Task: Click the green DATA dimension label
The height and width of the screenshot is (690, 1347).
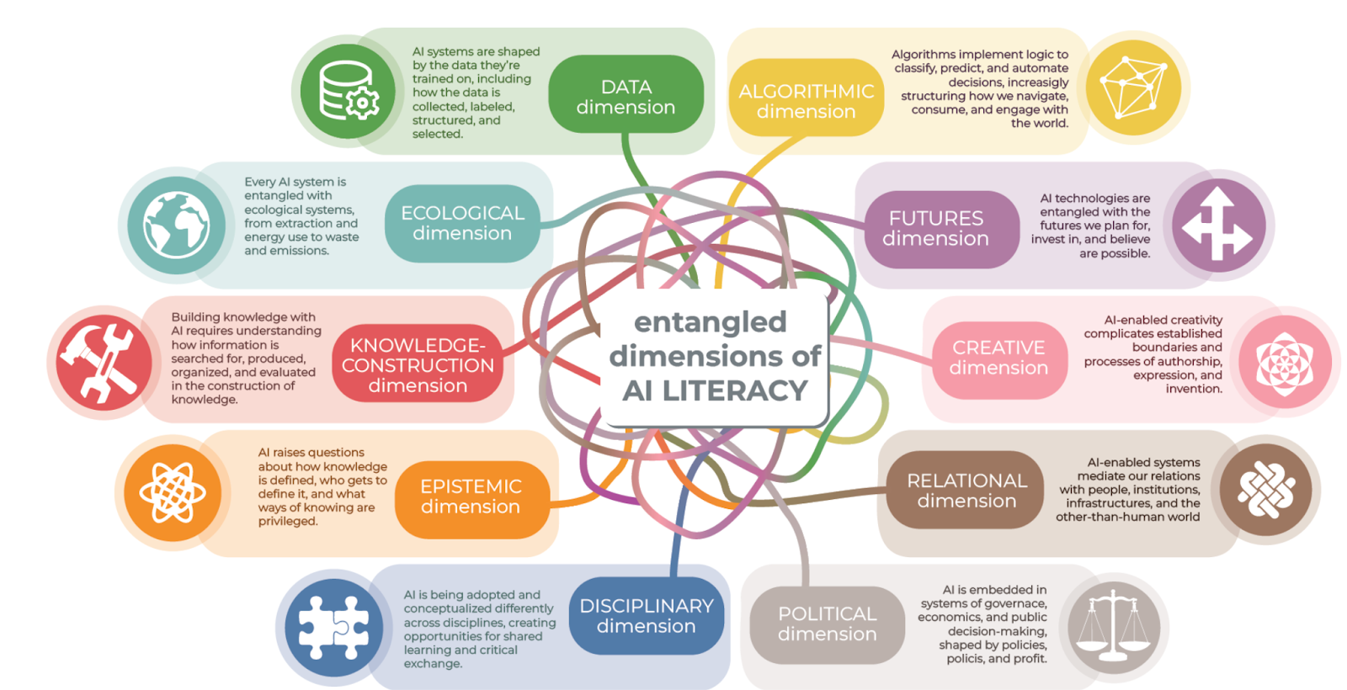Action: click(x=626, y=96)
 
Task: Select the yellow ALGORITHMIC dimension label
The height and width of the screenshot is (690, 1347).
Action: click(x=806, y=100)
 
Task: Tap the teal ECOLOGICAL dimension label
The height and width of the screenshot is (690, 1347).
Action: click(x=462, y=223)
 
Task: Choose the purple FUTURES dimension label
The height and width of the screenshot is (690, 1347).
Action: click(x=935, y=228)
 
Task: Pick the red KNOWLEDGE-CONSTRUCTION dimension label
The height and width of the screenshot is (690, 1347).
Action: click(x=418, y=365)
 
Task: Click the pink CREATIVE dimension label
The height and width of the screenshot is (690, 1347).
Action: click(x=998, y=358)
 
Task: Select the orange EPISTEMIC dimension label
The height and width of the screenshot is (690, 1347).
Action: click(x=471, y=496)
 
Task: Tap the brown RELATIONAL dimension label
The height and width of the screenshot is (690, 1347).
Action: click(x=966, y=491)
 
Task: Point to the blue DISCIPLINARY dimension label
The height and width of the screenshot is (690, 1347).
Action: click(x=646, y=616)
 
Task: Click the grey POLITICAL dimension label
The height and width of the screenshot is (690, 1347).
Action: click(x=827, y=624)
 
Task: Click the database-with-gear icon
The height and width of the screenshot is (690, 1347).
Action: click(x=349, y=91)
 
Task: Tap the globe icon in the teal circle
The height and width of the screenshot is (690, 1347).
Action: click(x=176, y=225)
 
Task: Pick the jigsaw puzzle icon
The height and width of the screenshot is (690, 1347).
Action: click(x=334, y=627)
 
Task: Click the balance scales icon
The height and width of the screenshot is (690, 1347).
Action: click(x=1113, y=627)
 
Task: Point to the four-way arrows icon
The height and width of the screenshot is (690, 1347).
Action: click(x=1217, y=225)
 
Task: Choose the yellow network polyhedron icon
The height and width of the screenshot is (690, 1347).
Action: click(x=1133, y=87)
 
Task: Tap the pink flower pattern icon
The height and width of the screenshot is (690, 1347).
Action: click(x=1285, y=363)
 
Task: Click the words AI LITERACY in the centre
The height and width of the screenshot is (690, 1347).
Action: click(x=715, y=390)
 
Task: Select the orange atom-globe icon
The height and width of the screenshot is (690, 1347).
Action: click(x=173, y=493)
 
